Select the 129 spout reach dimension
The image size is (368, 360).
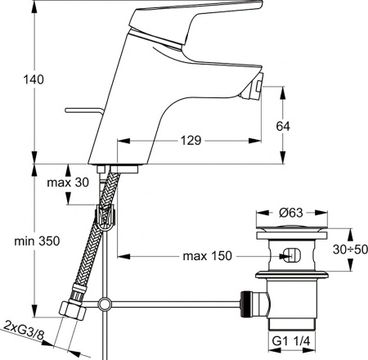pyautogui.click(x=191, y=140)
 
